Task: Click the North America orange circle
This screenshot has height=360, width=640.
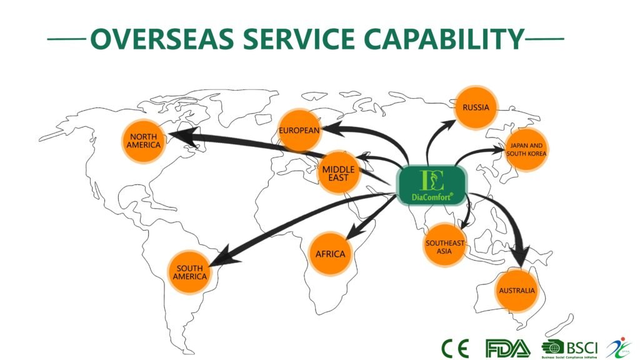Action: pyautogui.click(x=144, y=141)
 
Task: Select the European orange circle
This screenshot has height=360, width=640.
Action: pyautogui.click(x=299, y=131)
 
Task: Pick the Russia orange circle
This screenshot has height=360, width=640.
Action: pyautogui.click(x=476, y=107)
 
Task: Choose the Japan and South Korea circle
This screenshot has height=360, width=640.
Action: pyautogui.click(x=526, y=150)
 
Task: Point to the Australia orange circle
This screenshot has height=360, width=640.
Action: pyautogui.click(x=516, y=291)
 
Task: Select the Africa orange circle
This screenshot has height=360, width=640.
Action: pyautogui.click(x=330, y=254)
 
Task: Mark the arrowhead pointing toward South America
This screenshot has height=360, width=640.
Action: pyautogui.click(x=229, y=256)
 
